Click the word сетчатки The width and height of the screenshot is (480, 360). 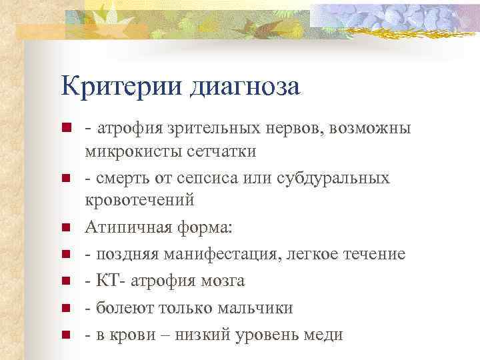coord(219,151)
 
